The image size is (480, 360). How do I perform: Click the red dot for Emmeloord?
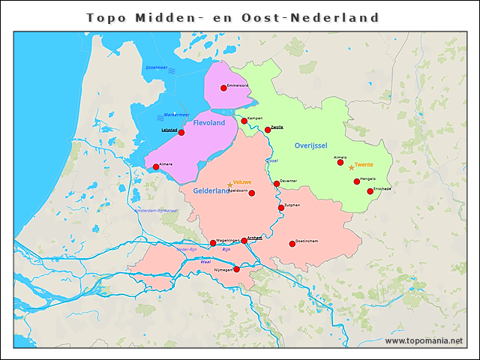point(223,88)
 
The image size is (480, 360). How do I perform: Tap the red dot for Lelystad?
point(181,133)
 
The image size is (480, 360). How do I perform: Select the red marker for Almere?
point(156,167)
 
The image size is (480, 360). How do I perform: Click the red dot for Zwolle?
point(268,130)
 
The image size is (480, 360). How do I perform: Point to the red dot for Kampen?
point(244,120)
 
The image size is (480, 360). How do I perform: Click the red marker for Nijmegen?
point(236,269)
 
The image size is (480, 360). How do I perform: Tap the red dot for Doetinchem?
point(292,243)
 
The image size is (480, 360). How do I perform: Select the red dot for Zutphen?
point(281,208)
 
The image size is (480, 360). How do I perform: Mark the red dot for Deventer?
point(277,184)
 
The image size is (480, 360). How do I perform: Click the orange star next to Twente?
point(351,167)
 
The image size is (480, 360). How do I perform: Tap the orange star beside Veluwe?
point(229,184)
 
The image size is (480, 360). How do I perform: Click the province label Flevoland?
point(209,123)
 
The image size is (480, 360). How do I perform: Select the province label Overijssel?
point(311,145)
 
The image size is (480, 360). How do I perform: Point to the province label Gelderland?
point(211,191)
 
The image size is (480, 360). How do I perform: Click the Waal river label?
point(205,262)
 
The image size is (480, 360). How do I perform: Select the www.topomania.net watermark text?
point(424,340)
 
